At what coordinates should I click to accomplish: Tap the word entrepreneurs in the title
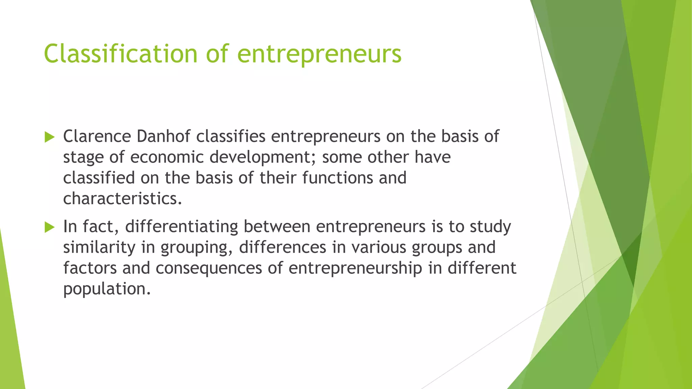(319, 54)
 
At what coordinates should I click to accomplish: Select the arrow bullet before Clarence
(49, 137)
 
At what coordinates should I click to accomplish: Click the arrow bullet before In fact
(49, 227)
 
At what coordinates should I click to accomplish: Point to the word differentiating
(181, 227)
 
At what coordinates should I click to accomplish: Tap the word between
(277, 227)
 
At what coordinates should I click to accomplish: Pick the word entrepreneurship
(355, 268)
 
